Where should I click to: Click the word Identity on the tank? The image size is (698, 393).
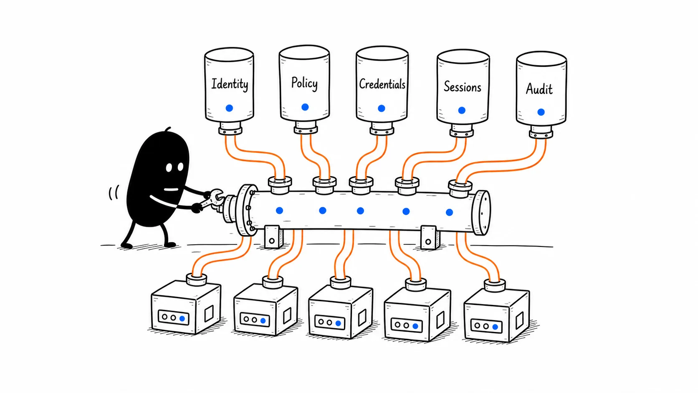point(230,84)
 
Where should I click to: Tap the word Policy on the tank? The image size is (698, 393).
point(304,83)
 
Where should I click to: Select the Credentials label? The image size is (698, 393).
point(382,84)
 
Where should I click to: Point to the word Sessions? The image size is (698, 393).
point(463,86)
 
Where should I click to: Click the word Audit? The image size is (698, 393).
point(539,89)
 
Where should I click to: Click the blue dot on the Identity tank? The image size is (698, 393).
point(229,108)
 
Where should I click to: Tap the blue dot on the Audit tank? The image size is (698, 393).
point(541,112)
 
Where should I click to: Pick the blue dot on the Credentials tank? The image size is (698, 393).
point(382,108)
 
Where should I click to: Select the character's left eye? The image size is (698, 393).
point(169,167)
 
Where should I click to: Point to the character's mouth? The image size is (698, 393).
point(171,189)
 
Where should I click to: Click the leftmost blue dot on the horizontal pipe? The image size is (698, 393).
point(280,210)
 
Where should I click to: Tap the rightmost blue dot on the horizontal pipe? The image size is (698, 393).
point(449,212)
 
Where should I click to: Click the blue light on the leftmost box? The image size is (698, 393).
point(182,319)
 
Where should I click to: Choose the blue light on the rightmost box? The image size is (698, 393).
point(495,327)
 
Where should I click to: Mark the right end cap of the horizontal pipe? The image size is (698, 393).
point(481,213)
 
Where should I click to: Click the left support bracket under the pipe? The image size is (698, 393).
point(273,237)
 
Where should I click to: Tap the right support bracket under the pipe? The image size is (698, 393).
point(430,238)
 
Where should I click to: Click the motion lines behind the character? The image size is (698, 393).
point(114,193)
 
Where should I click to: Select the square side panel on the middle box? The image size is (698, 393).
point(362,318)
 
